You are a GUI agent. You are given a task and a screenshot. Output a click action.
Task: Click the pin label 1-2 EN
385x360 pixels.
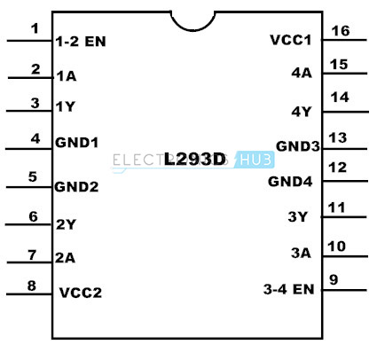(x=81, y=42)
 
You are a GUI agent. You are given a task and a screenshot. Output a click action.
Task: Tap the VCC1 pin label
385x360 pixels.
(x=291, y=40)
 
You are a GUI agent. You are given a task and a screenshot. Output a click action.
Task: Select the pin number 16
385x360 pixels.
(x=341, y=31)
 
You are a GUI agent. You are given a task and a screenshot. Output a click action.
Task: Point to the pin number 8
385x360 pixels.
(x=32, y=286)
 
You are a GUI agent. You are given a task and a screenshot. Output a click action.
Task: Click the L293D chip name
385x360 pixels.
(x=195, y=160)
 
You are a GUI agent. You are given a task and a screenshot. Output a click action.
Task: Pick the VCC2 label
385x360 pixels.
(x=81, y=293)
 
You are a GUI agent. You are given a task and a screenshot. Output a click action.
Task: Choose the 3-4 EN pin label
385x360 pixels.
(x=288, y=289)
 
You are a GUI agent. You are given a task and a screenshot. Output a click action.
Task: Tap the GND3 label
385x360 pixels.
(x=298, y=146)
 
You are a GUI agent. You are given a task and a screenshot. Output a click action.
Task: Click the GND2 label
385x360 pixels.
(x=76, y=187)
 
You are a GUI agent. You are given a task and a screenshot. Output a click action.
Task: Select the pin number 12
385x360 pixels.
(x=337, y=168)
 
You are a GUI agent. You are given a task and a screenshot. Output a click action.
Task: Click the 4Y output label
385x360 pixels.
(x=302, y=112)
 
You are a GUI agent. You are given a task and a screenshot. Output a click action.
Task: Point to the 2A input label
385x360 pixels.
(x=65, y=258)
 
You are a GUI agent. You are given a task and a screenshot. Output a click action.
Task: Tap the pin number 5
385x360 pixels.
(x=33, y=176)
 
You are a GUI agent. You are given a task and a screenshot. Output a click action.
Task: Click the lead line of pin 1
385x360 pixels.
(x=29, y=41)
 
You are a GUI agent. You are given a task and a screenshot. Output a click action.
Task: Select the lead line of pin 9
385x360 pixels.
(x=344, y=290)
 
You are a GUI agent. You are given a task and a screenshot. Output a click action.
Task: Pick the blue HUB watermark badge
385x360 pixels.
(x=255, y=160)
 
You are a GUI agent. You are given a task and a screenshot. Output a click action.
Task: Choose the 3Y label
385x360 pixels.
(x=298, y=217)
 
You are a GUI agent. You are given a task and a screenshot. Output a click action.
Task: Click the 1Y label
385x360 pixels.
(x=66, y=106)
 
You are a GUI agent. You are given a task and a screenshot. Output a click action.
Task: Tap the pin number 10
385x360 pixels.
(x=336, y=246)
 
